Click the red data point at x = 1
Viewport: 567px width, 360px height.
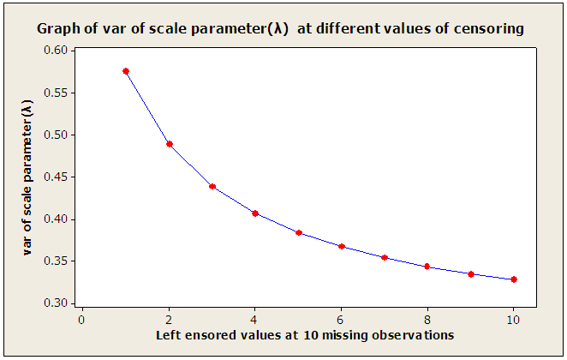[x=126, y=71]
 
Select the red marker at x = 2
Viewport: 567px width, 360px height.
[x=170, y=144]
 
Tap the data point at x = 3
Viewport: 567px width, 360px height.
[x=212, y=186]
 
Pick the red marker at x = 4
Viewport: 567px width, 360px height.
[x=255, y=213]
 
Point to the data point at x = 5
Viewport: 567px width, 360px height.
[x=299, y=232]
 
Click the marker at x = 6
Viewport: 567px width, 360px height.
[x=342, y=246]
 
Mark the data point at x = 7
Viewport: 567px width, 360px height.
[x=385, y=257]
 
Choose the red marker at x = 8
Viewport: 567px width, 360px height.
[x=427, y=267]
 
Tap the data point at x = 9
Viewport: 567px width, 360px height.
[x=471, y=273]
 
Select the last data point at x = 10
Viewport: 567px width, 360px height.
[x=514, y=279]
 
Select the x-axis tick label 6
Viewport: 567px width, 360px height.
[x=342, y=318]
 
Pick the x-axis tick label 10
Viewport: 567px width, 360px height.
[x=514, y=318]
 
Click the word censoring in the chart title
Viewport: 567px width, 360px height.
[x=488, y=28]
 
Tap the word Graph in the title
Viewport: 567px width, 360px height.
[x=57, y=28]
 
